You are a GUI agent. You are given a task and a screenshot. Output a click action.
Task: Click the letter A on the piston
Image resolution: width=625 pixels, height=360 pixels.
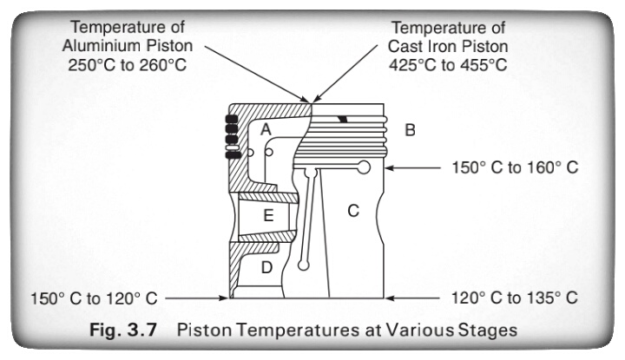tap(266, 128)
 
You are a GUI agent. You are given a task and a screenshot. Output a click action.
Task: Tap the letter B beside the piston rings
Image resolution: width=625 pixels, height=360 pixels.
tap(411, 131)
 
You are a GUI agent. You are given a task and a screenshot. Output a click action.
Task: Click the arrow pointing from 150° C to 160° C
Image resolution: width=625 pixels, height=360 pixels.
tap(417, 167)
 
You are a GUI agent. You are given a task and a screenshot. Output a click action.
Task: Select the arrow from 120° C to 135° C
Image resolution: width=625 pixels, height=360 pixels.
tap(417, 298)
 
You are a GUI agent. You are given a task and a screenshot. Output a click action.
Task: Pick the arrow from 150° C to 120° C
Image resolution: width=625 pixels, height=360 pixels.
tap(195, 298)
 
